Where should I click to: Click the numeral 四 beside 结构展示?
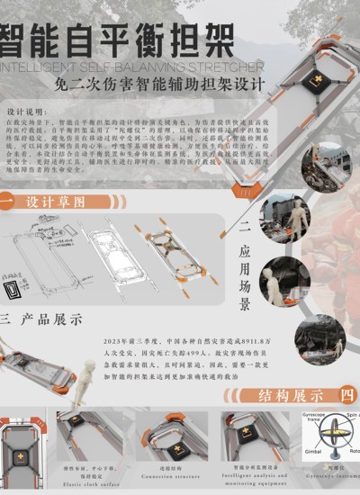pyautogui.click(x=346, y=393)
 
